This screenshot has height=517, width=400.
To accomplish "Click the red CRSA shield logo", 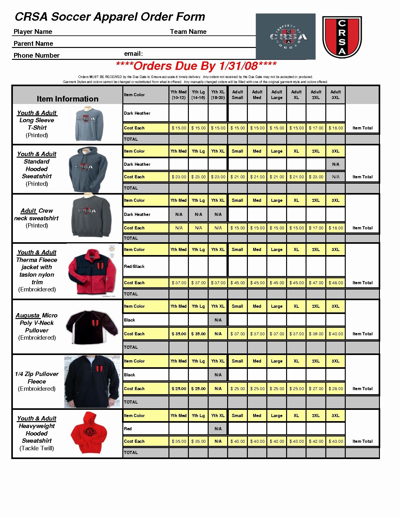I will click(x=342, y=37).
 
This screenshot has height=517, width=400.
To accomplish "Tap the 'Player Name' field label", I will click(x=33, y=32).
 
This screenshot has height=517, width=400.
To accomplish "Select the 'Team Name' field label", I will click(x=188, y=32).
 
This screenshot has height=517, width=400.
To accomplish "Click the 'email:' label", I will click(x=133, y=54).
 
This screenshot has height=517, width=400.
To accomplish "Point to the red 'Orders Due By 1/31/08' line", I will click(x=196, y=66).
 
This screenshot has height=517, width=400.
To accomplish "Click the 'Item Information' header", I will click(x=67, y=99).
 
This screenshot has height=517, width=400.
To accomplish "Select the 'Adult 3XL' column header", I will click(x=335, y=95).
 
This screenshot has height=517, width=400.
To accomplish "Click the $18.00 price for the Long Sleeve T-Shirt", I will click(x=336, y=128).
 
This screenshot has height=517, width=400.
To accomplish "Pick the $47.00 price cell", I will click(x=316, y=283).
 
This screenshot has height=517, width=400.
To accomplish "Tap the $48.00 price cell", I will click(x=336, y=283).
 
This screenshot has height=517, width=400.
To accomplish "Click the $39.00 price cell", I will click(x=316, y=334).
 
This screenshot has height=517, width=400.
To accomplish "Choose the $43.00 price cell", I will click(x=336, y=441).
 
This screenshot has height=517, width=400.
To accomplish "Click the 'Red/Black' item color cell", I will click(x=134, y=266).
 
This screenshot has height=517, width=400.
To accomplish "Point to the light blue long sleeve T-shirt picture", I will click(x=89, y=123).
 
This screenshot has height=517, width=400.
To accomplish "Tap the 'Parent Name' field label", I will click(x=33, y=44).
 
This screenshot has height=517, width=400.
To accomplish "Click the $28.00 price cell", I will click(x=336, y=389).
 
